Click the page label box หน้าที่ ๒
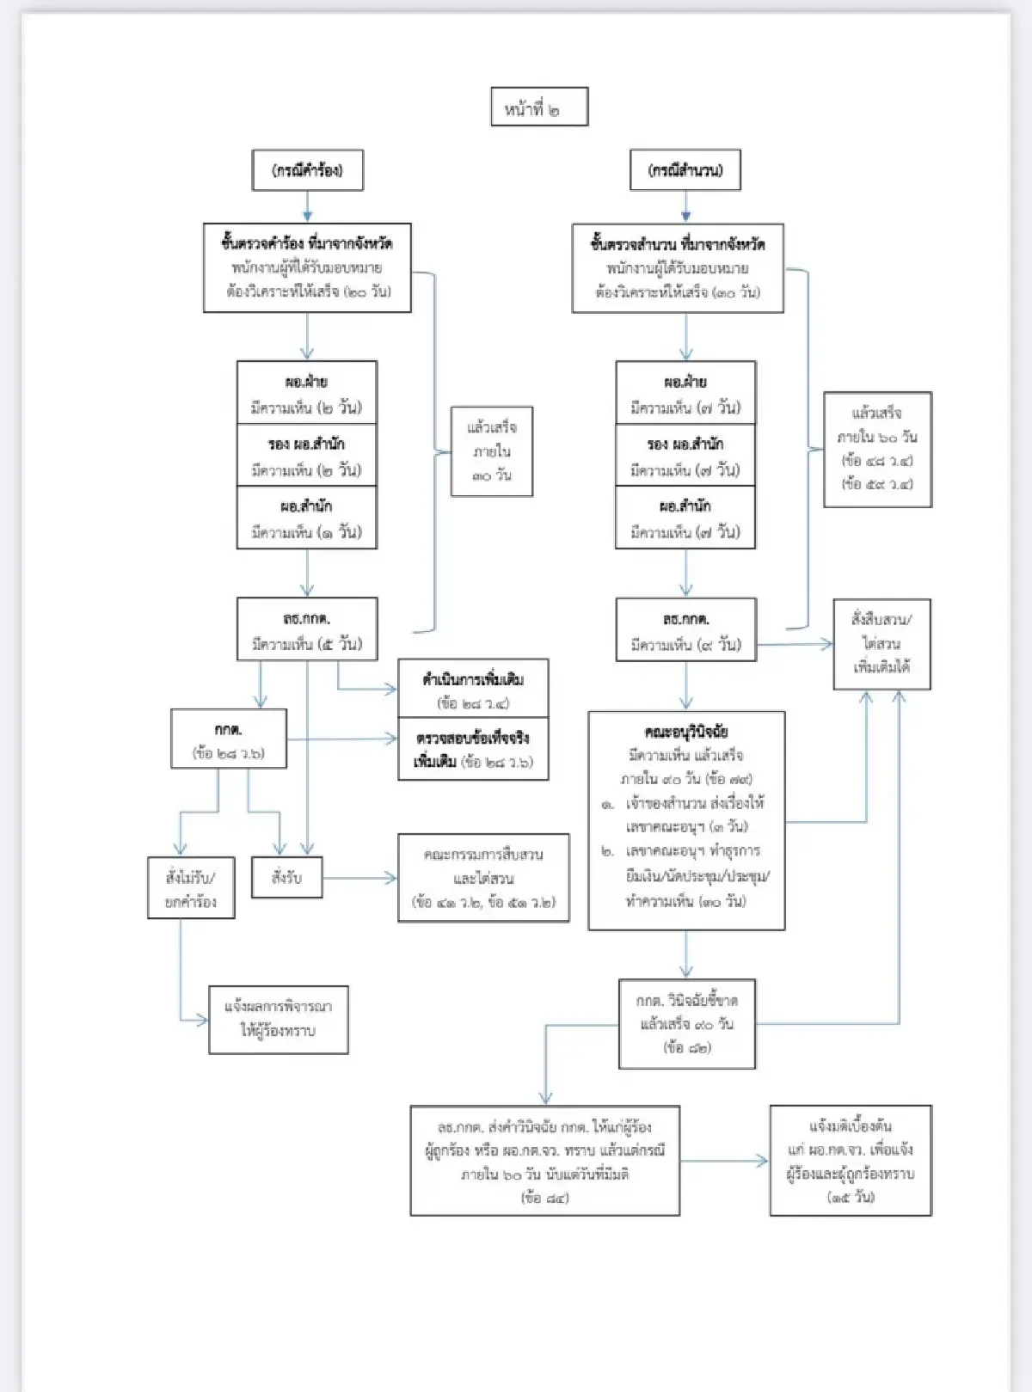(x=539, y=107)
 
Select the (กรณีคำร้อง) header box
(x=307, y=170)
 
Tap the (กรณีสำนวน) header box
(x=685, y=170)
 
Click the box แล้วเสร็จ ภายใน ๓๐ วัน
(x=492, y=451)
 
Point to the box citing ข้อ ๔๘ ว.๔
(x=877, y=449)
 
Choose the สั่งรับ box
(x=287, y=878)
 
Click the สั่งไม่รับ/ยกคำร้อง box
(x=191, y=888)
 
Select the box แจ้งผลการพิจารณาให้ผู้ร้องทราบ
(x=279, y=1019)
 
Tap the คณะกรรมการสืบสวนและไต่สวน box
(x=483, y=878)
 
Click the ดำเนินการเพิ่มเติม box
(x=473, y=689)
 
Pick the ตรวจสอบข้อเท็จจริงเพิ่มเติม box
(x=473, y=749)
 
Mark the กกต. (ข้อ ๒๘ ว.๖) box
(x=229, y=739)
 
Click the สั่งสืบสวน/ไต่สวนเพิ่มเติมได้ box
(x=881, y=644)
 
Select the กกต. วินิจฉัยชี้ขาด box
(x=687, y=1023)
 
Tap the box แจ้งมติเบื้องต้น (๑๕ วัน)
(x=851, y=1160)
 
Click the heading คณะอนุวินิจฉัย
(x=686, y=732)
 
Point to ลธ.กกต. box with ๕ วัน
(x=307, y=629)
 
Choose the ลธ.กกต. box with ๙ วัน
(x=685, y=630)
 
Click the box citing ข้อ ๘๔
(x=544, y=1160)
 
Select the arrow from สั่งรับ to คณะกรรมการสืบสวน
(x=359, y=878)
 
